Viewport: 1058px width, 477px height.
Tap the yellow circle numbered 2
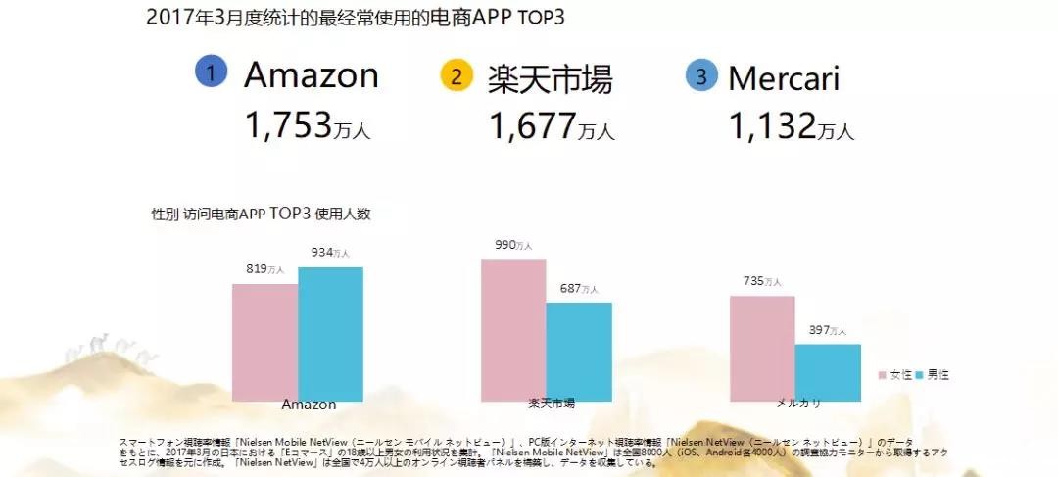457,75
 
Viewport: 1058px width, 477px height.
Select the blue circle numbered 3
701,75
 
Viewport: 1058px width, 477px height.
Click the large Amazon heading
311,74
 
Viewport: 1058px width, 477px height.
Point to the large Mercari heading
797,76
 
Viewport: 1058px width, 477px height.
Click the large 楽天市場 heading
550,78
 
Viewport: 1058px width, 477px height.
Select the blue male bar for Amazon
330,333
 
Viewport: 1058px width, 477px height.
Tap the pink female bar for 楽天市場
513,329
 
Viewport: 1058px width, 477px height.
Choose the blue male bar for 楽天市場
579,351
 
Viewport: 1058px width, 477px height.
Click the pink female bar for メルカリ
762,348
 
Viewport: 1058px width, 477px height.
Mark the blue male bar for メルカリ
828,372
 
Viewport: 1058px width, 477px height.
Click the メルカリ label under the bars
794,404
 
